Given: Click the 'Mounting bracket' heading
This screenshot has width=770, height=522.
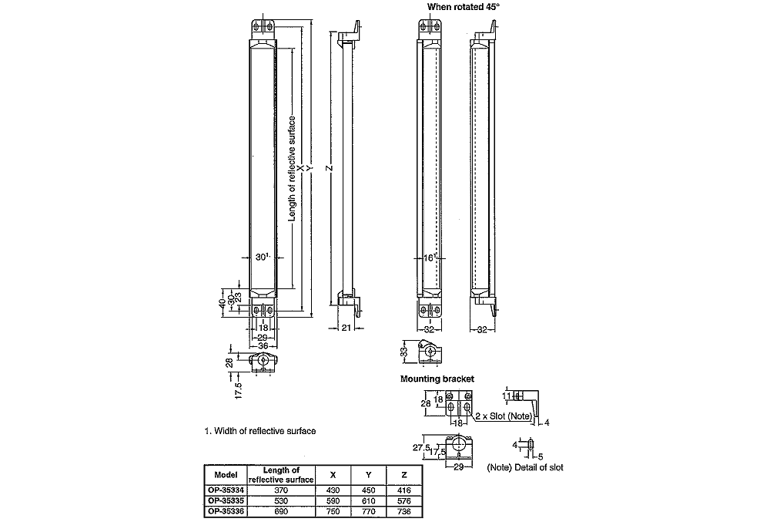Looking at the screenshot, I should [437, 379].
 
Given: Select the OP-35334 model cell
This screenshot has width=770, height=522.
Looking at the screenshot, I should [226, 490].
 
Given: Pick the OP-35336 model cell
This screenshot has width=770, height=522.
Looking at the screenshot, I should [226, 511].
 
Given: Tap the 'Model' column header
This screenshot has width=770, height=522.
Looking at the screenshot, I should [226, 475].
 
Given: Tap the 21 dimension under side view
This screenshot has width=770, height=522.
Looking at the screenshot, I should [346, 328].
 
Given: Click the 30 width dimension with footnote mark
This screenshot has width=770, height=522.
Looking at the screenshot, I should [261, 257].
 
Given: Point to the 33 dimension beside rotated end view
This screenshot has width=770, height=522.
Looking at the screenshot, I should [403, 352].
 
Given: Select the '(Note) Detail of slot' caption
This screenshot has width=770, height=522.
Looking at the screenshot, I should [525, 467].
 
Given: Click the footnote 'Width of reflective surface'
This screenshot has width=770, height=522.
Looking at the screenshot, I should [259, 431].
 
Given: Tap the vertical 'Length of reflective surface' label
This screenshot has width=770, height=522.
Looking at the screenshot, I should [292, 169].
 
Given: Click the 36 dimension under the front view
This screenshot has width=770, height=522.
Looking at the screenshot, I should [263, 346].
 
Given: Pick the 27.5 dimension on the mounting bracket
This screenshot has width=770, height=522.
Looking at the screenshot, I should [420, 446].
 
